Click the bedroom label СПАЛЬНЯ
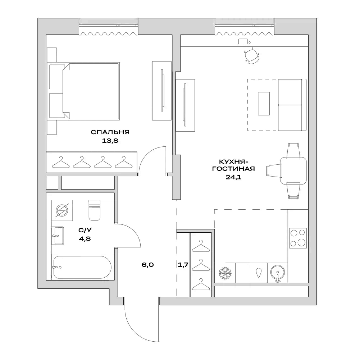pos(110,132)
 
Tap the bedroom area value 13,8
pos(110,141)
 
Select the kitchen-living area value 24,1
pos(233,177)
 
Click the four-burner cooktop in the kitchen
pos(298,238)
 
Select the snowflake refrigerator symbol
pos(225,273)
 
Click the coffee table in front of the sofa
pos(264,104)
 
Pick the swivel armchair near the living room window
pos(251,56)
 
